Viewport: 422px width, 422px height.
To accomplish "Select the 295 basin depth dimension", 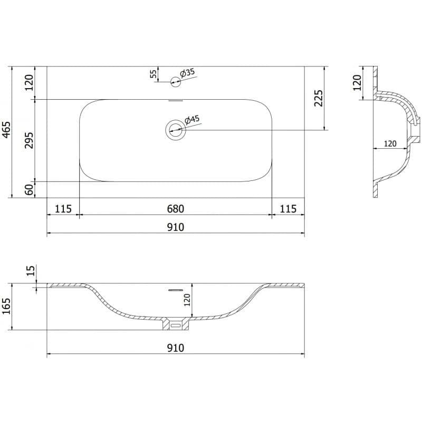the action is [29, 140].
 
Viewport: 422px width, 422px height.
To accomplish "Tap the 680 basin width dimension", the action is [176, 208].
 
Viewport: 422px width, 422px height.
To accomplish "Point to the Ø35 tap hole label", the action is [188, 73].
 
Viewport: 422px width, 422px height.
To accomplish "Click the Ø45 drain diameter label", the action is [192, 120].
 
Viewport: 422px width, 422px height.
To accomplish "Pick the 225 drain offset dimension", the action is [319, 98].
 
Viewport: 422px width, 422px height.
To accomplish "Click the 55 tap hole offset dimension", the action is [153, 74].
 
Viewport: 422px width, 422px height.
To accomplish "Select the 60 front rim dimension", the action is [29, 189].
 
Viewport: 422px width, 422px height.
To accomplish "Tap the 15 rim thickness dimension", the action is [31, 271].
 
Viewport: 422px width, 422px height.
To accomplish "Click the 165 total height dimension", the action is [6, 306].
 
